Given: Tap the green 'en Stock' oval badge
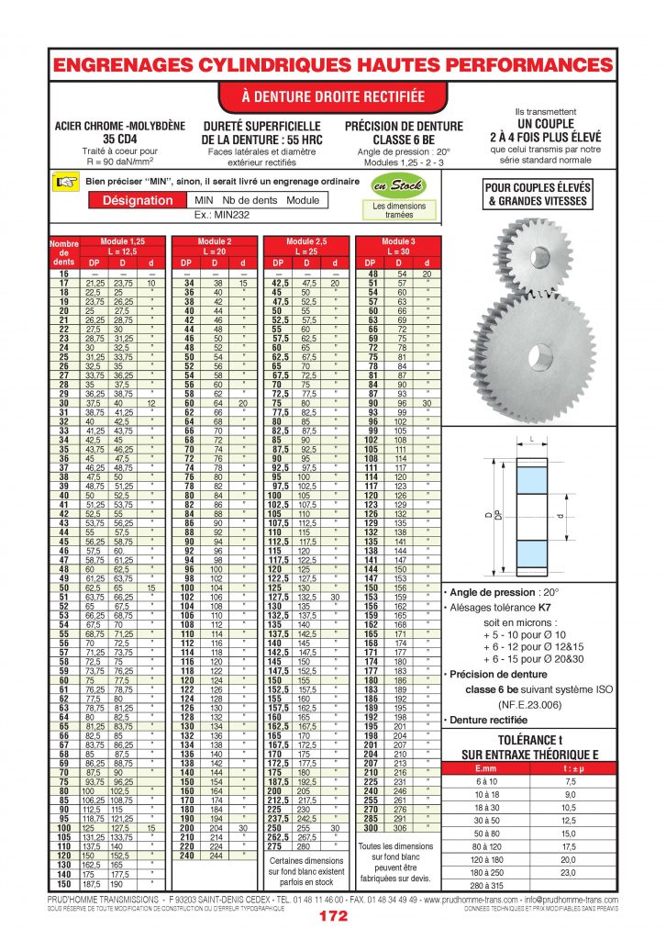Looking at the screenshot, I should [x=399, y=186].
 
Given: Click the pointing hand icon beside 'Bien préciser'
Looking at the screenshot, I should [x=65, y=182].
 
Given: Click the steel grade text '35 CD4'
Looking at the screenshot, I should [x=107, y=139].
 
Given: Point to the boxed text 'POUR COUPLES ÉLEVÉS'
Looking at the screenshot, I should [x=546, y=188].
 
